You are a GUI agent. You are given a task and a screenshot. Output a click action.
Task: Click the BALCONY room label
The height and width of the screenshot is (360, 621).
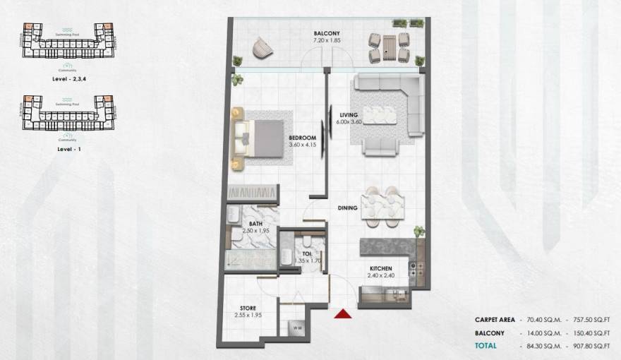(327, 33)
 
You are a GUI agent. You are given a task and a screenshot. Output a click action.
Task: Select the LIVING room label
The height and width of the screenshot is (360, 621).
(349, 115)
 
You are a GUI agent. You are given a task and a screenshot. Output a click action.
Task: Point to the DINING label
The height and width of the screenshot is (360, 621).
(347, 208)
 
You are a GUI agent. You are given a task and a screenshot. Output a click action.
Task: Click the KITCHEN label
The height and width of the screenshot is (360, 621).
(381, 268)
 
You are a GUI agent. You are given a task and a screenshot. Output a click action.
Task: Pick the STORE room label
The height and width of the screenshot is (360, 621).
(248, 307)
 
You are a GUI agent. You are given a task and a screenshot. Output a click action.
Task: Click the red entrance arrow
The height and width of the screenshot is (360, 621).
(344, 314)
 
